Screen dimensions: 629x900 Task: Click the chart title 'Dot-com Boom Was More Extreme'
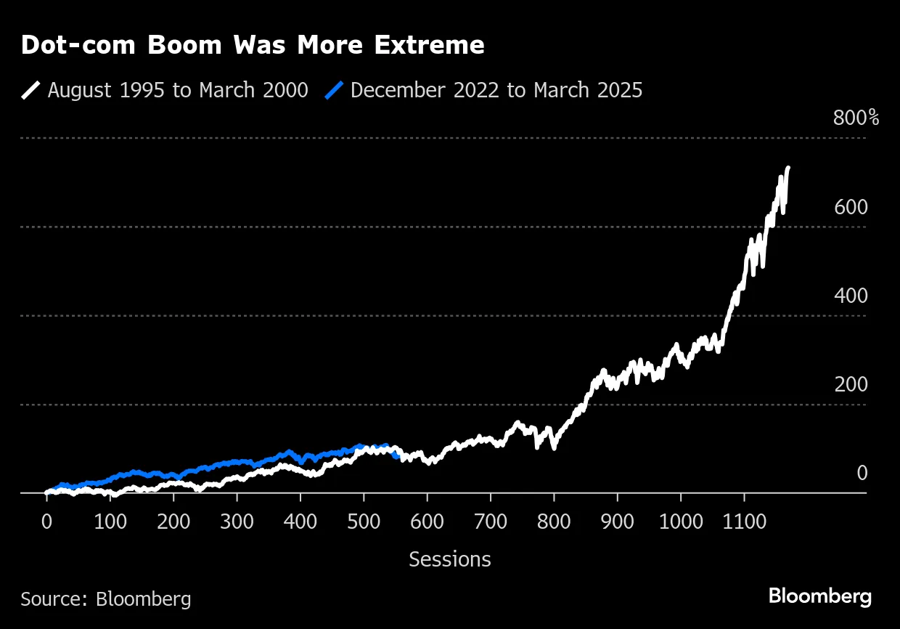pyautogui.click(x=253, y=46)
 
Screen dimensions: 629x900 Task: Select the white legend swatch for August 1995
pyautogui.click(x=30, y=90)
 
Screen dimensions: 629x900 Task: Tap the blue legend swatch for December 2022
pyautogui.click(x=333, y=90)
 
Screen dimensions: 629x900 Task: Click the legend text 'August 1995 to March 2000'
pyautogui.click(x=178, y=90)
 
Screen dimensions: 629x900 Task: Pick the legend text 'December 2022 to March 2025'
pyautogui.click(x=496, y=90)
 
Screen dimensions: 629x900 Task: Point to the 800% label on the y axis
pyautogui.click(x=856, y=118)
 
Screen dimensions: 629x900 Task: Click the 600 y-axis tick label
pyautogui.click(x=851, y=207)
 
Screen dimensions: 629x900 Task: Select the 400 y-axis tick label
pyautogui.click(x=851, y=296)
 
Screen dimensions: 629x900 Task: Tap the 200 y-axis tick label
pyautogui.click(x=851, y=385)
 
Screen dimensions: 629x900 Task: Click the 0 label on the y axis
pyautogui.click(x=862, y=474)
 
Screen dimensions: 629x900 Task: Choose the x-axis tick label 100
pyautogui.click(x=110, y=522)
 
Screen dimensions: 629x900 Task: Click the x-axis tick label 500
pyautogui.click(x=364, y=522)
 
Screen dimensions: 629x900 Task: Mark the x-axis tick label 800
pyautogui.click(x=554, y=522)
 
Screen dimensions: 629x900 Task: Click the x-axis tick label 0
pyautogui.click(x=46, y=522)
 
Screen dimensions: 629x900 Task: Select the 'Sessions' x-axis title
pyautogui.click(x=450, y=559)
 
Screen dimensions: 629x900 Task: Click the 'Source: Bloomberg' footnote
pyautogui.click(x=106, y=598)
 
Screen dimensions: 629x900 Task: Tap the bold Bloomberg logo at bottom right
pyautogui.click(x=819, y=597)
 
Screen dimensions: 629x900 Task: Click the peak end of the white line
pyautogui.click(x=788, y=169)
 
